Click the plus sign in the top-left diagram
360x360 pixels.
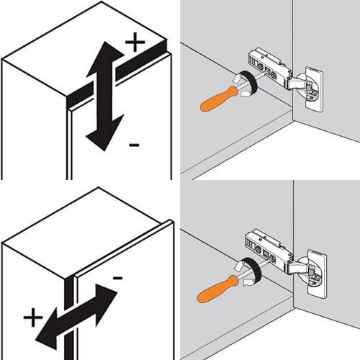pos(134,42)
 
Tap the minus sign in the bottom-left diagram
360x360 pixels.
pos(117,276)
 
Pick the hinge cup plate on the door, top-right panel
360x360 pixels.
pos(315,89)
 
